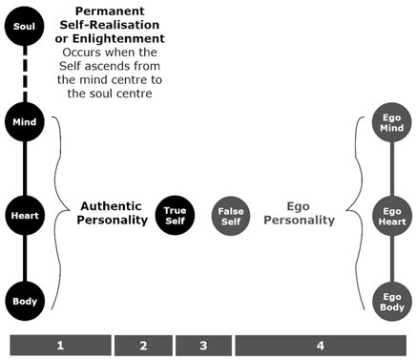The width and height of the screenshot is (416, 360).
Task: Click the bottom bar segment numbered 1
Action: [59, 345]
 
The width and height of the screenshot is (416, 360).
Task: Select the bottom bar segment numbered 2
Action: [143, 345]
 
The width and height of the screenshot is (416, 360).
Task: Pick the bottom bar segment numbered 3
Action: [203, 345]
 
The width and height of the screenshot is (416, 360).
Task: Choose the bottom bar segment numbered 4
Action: [320, 345]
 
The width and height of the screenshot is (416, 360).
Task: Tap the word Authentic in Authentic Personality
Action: [113, 205]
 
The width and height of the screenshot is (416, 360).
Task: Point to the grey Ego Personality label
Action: [311, 212]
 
